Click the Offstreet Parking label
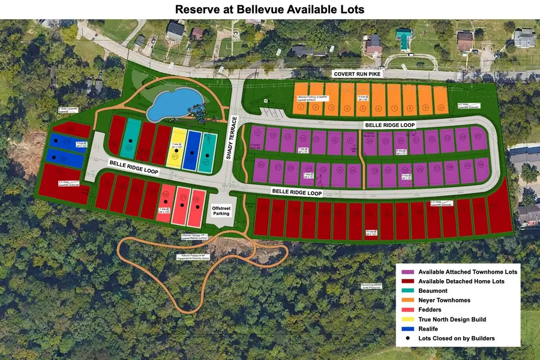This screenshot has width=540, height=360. tap(222, 211)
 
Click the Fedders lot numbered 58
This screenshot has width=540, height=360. tap(196, 207)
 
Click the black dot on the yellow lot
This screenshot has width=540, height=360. tap(176, 154)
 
